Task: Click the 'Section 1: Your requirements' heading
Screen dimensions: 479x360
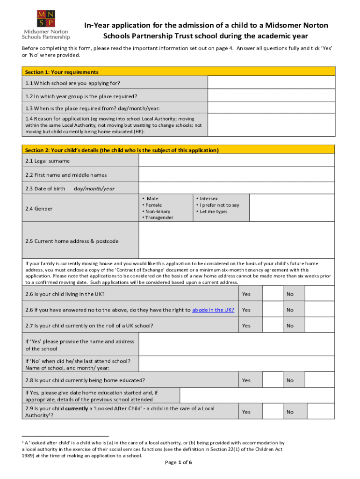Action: point(62,72)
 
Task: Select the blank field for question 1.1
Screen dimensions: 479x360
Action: point(271,83)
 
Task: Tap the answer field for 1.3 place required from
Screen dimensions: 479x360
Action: point(271,108)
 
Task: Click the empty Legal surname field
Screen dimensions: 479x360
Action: point(237,160)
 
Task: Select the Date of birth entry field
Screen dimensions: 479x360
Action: point(237,188)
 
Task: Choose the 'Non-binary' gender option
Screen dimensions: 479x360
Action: point(158,211)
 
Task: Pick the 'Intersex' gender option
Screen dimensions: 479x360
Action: point(208,199)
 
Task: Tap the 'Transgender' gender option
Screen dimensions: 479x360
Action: point(159,218)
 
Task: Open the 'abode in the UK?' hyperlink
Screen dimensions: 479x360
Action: point(213,310)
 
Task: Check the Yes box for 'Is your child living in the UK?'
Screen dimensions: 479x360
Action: point(271,294)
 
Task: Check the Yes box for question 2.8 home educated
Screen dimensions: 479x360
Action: point(271,380)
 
